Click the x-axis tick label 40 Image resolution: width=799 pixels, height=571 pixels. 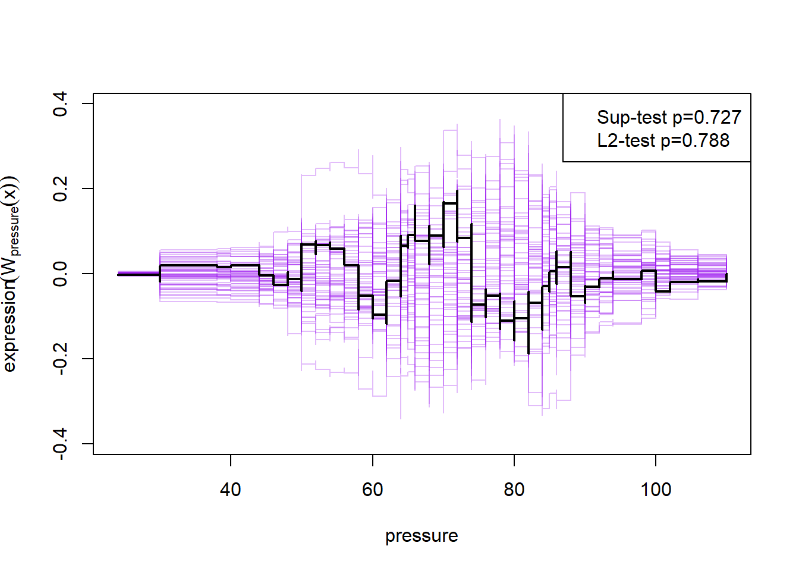click(230, 490)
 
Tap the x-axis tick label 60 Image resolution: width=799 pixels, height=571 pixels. click(372, 490)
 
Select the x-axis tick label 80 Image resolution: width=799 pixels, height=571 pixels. click(514, 490)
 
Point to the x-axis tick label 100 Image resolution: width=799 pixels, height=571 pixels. click(656, 490)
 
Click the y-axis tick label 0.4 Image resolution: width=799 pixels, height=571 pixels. click(60, 104)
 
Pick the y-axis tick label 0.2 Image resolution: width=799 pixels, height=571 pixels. click(60, 189)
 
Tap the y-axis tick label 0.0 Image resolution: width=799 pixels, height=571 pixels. click(60, 274)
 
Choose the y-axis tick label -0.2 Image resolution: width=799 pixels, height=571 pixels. click(60, 359)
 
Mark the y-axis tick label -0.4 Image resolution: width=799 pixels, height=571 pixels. click(60, 444)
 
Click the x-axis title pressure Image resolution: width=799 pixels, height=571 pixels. click(421, 536)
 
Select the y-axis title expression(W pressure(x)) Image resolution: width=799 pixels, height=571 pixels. click(11, 274)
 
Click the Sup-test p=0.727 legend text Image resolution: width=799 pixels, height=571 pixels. click(669, 117)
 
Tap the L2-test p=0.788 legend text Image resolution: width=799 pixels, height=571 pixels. click(663, 140)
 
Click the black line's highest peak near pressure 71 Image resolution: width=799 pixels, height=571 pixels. click(450, 203)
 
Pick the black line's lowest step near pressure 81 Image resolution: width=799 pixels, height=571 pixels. click(521, 318)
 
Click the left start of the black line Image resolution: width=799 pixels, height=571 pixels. click(118, 274)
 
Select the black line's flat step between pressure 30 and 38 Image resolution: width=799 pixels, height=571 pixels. click(188, 265)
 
